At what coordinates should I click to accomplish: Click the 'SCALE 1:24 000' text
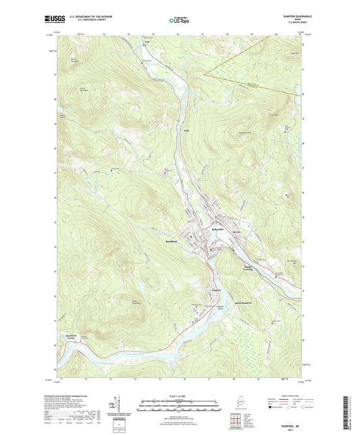[x=179, y=396]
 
